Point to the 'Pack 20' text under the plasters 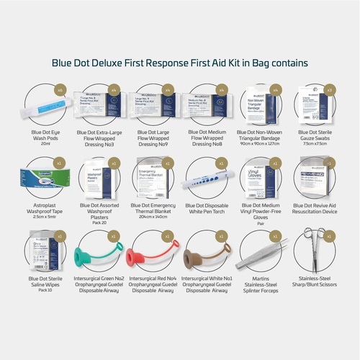click(96, 222)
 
